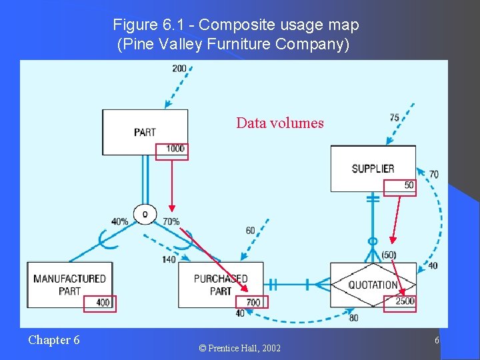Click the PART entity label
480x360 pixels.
pos(145,132)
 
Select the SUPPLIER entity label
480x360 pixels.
pos(373,169)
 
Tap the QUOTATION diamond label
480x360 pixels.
pos(373,285)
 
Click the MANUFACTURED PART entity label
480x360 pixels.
pos(69,285)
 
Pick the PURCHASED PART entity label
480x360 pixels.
pos(221,285)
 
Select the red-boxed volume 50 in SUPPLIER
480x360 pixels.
pos(409,185)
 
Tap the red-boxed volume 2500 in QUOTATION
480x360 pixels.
pos(404,301)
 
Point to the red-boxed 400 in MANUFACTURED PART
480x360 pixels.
pos(103,303)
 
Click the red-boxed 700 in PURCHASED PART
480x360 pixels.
pos(253,303)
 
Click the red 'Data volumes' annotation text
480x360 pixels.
pos(280,123)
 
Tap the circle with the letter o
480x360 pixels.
pos(145,213)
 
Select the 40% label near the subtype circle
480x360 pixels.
pos(120,221)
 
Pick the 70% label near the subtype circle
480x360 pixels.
pos(171,221)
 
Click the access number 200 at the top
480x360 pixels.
pos(179,69)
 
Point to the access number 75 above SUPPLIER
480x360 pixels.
pos(395,118)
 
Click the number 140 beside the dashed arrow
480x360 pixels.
pos(169,259)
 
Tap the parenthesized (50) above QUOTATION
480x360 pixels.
pos(388,255)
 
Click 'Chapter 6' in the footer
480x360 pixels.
pos(53,340)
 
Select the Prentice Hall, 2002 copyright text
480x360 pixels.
pos(239,348)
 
